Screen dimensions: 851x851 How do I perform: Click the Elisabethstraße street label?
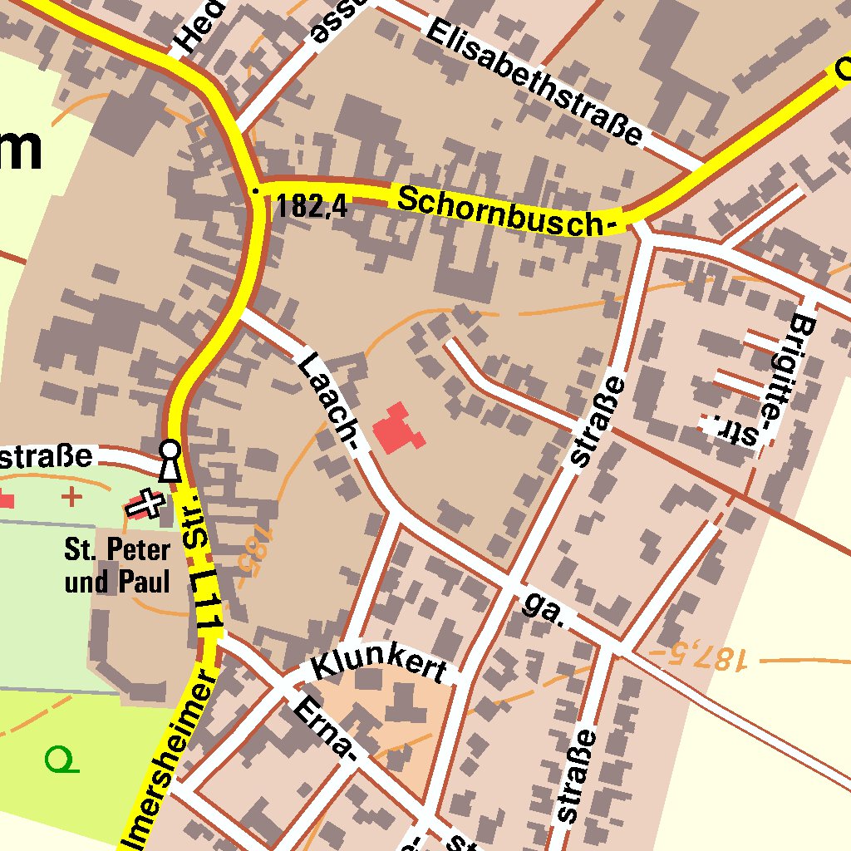coord(534,81)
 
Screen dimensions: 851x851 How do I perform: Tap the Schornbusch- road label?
coord(509,212)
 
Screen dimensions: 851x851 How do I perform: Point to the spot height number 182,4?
coord(312,205)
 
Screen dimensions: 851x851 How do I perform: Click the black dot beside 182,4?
coord(256,191)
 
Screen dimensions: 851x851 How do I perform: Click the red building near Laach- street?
coord(397,429)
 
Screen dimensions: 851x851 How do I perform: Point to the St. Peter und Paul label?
coord(117,566)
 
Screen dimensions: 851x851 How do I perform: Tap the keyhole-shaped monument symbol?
coord(170,460)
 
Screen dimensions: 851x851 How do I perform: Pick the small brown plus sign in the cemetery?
coord(72,497)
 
